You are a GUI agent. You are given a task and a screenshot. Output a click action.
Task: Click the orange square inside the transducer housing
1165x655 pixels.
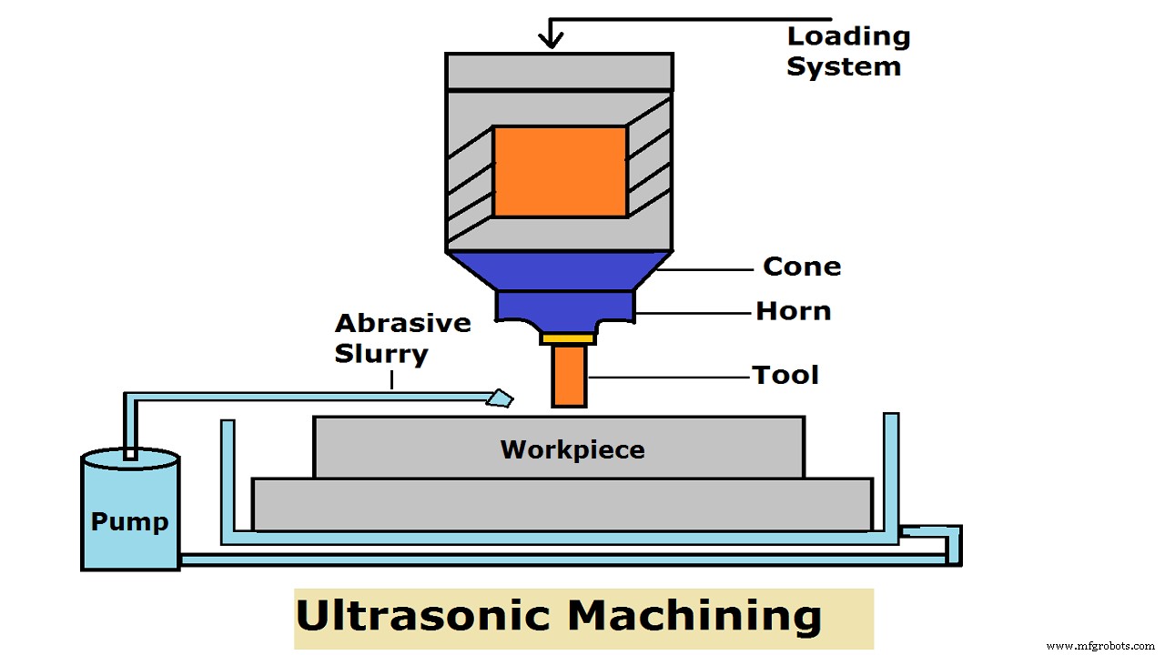pyautogui.click(x=560, y=172)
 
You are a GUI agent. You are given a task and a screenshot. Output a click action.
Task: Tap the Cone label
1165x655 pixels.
pyautogui.click(x=801, y=267)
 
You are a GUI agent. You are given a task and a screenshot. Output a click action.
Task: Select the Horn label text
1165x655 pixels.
pyautogui.click(x=793, y=311)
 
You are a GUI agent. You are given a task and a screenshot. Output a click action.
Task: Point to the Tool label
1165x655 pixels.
pyautogui.click(x=785, y=374)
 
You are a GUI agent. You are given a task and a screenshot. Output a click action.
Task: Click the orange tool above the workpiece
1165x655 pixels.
pyautogui.click(x=569, y=376)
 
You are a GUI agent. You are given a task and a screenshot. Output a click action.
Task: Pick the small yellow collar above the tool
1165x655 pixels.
pyautogui.click(x=568, y=338)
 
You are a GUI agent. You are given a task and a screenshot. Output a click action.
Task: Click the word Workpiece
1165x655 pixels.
pyautogui.click(x=572, y=449)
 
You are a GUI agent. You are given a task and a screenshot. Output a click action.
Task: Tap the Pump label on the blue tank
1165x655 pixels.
pyautogui.click(x=129, y=522)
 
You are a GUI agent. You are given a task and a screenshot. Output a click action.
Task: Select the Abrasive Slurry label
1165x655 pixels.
pyautogui.click(x=402, y=338)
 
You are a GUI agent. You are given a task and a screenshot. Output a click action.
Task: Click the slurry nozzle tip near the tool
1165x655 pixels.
pyautogui.click(x=500, y=398)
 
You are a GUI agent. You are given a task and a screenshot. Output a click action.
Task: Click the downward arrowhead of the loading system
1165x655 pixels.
pyautogui.click(x=550, y=39)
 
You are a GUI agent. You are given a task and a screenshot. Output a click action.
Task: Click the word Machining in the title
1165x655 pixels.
pyautogui.click(x=694, y=617)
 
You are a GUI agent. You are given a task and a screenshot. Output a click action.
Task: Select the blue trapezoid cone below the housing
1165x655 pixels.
pyautogui.click(x=559, y=270)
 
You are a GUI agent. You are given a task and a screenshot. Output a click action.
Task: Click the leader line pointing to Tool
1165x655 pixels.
pyautogui.click(x=668, y=375)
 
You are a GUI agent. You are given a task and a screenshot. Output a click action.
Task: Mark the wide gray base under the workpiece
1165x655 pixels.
pyautogui.click(x=562, y=504)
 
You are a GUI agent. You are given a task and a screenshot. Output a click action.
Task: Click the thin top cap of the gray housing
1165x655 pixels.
pyautogui.click(x=559, y=71)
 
